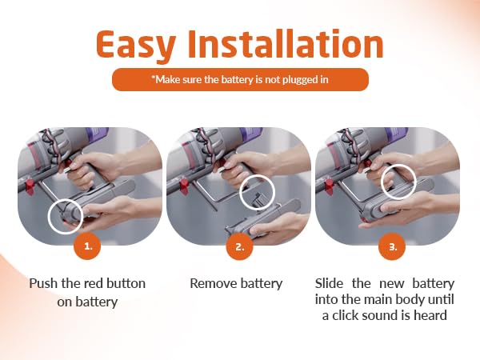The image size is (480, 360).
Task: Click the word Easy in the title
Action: pos(136,45)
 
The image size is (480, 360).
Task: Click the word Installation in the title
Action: pos(286,43)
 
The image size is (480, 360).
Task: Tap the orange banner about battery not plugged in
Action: pos(240,79)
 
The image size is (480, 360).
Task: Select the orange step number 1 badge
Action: pos(88,246)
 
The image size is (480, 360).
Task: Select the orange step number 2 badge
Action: pos(240,246)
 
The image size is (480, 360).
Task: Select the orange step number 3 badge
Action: pos(392,246)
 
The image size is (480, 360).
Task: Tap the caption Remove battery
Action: pos(236,283)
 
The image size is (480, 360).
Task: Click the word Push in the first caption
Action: pos(43,283)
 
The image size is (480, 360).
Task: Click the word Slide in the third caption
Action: pos(329,283)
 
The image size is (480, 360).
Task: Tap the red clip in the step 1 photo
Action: pos(30,186)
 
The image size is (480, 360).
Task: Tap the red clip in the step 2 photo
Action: pos(184,186)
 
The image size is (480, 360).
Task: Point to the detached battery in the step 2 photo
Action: pos(263,221)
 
